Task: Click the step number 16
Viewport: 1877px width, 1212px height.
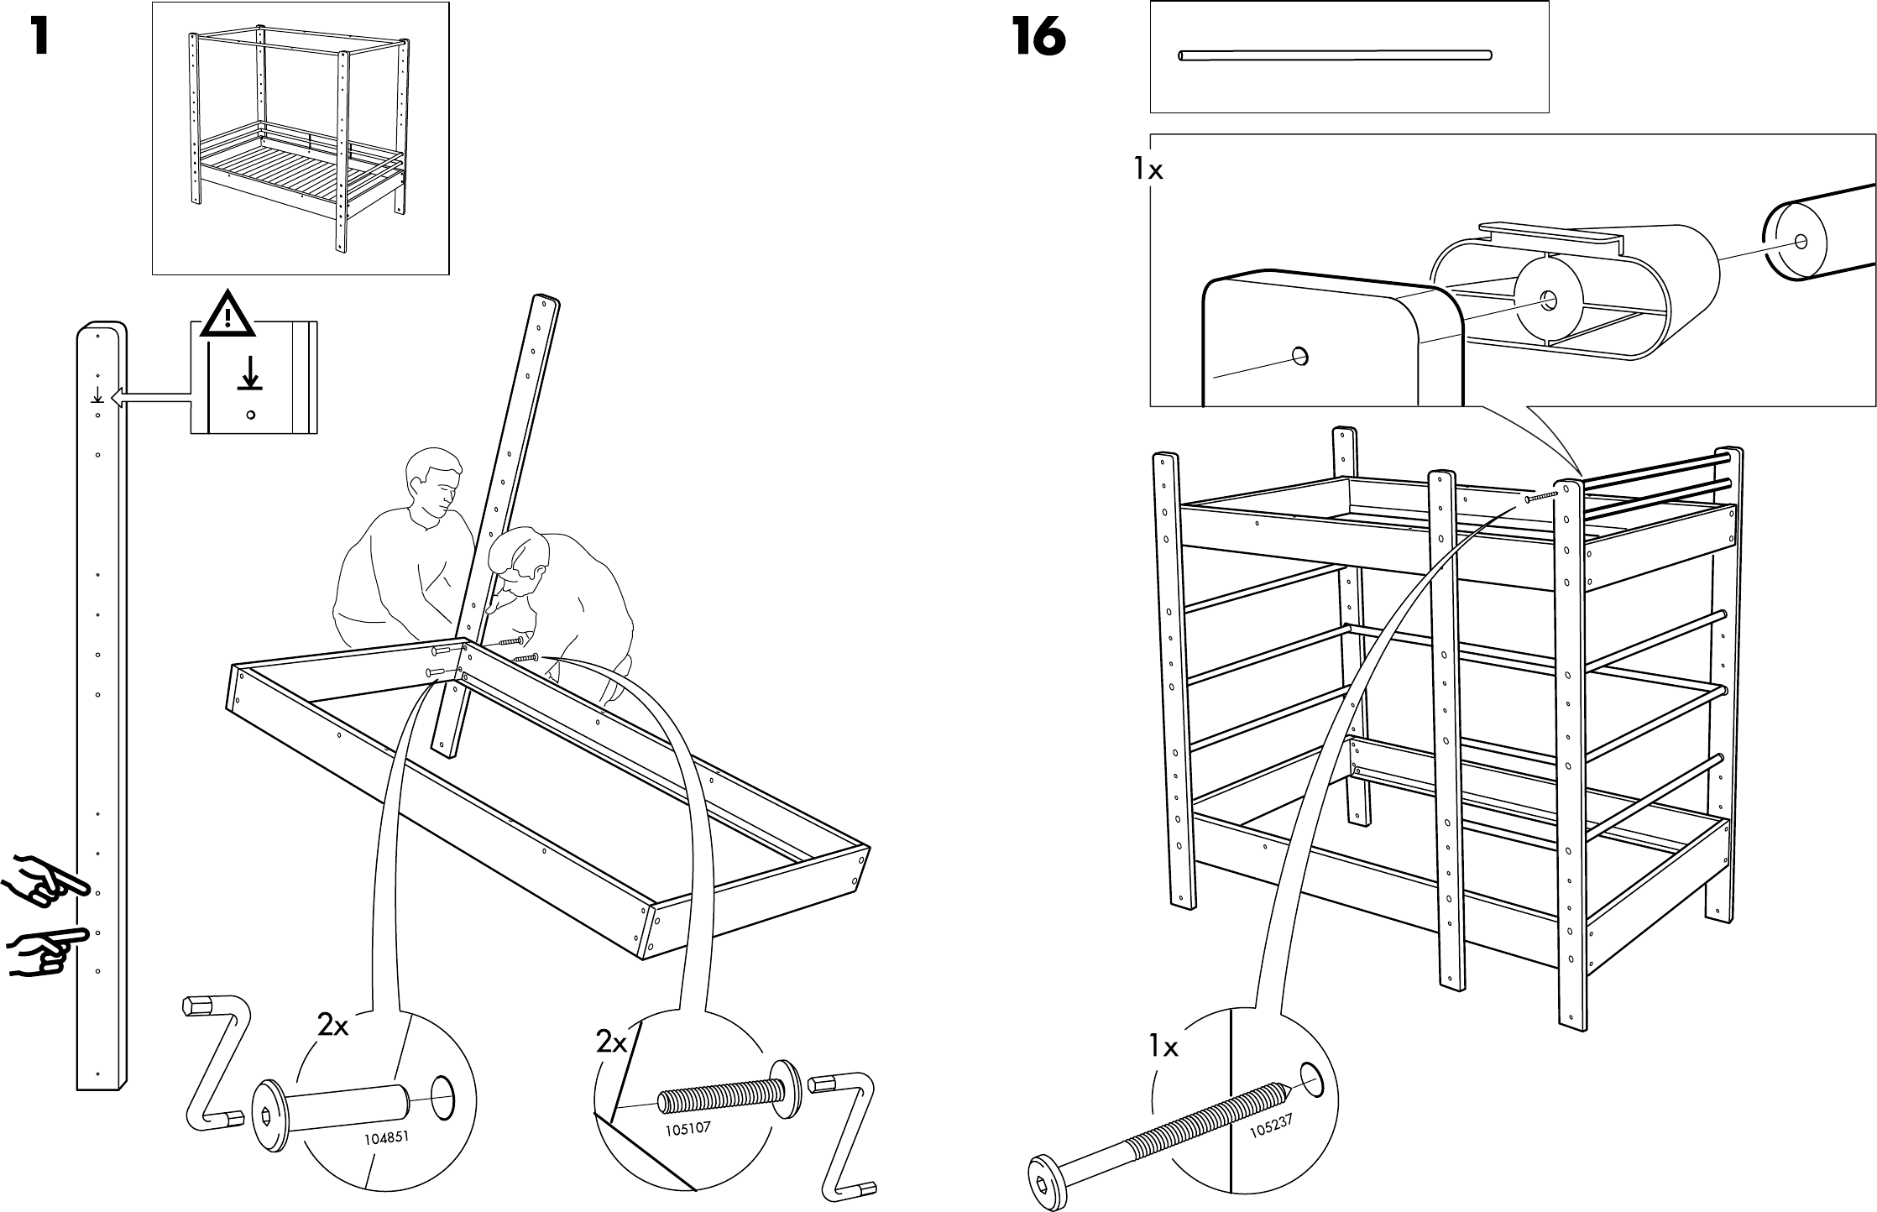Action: point(1039,38)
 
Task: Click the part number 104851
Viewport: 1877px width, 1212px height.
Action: point(388,1139)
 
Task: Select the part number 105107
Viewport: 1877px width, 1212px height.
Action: point(688,1128)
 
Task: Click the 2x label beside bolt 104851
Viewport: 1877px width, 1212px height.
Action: point(332,1024)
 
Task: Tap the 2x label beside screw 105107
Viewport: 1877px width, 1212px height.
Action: point(612,1042)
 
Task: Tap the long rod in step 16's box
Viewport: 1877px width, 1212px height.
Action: point(1335,55)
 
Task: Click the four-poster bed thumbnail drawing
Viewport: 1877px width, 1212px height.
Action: point(300,138)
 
